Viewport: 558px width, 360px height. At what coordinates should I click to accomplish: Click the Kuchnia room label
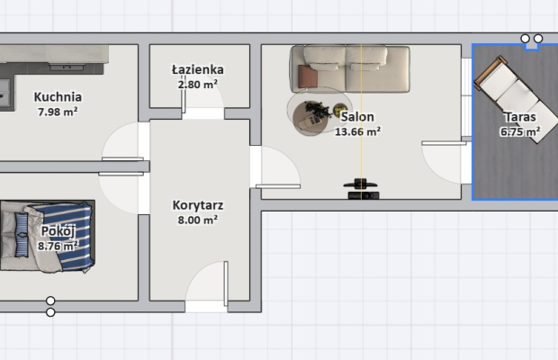click(x=58, y=97)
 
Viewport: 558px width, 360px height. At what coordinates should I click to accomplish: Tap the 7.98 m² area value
click(x=58, y=112)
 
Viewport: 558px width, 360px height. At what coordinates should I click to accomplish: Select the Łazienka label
click(x=198, y=69)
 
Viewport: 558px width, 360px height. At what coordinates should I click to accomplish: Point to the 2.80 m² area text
click(x=198, y=84)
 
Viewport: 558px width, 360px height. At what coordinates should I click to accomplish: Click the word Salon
click(x=357, y=116)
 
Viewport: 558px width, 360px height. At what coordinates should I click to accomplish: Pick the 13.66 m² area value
click(x=357, y=131)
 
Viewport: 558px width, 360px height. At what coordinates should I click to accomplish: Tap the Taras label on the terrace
click(x=520, y=117)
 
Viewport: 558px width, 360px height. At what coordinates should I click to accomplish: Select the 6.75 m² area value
click(x=520, y=131)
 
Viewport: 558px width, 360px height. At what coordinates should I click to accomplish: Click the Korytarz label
click(x=198, y=204)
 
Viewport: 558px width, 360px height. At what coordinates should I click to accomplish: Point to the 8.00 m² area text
click(x=198, y=220)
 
